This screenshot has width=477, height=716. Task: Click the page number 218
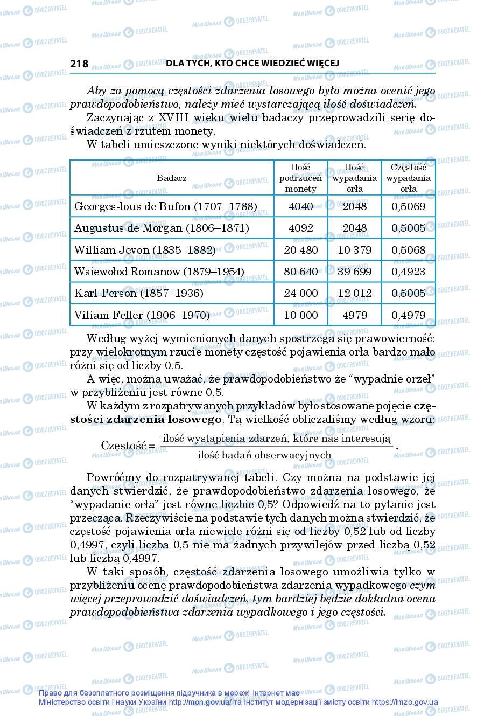click(79, 64)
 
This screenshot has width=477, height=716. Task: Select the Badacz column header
click(172, 178)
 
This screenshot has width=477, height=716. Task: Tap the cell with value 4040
click(300, 207)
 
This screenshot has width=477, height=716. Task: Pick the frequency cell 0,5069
click(409, 207)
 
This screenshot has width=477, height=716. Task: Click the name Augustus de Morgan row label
click(162, 228)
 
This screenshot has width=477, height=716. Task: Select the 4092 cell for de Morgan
click(300, 228)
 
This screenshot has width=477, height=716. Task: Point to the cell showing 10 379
click(355, 251)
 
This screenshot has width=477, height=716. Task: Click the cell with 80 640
click(300, 272)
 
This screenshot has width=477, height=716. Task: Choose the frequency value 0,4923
click(409, 272)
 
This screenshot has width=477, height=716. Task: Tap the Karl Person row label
click(138, 294)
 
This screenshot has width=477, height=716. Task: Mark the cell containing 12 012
click(355, 294)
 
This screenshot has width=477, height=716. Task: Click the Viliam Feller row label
click(142, 315)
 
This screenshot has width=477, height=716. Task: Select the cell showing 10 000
click(300, 315)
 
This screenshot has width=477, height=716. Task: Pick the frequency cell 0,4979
click(409, 315)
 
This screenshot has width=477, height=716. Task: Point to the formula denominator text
click(264, 455)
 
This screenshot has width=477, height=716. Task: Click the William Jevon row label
click(144, 251)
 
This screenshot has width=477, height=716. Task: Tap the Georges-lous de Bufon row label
click(165, 207)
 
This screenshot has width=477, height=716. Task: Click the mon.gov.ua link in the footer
click(200, 703)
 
